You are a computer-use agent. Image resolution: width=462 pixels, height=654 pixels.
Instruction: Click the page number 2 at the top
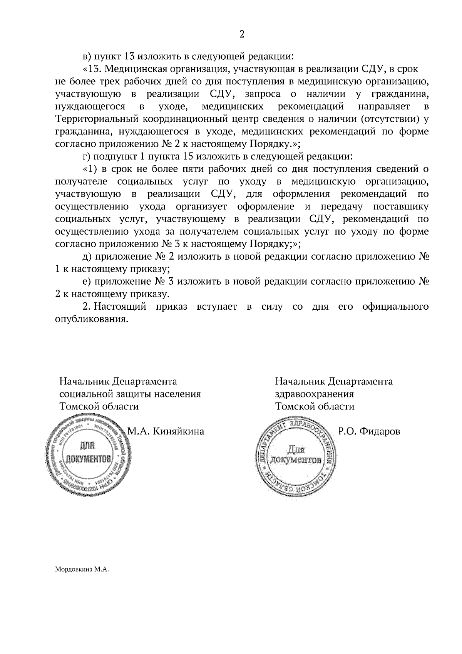click(x=242, y=34)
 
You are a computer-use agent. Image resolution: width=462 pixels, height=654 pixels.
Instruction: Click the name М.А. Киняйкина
click(x=166, y=432)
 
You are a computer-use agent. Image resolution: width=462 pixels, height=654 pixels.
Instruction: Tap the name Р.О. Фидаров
click(x=369, y=432)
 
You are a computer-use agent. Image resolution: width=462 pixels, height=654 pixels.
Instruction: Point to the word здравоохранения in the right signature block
click(x=314, y=394)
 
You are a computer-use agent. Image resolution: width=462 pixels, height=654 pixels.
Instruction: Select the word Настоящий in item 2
click(x=120, y=307)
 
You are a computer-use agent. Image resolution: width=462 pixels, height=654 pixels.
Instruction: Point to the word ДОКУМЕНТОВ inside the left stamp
click(x=89, y=459)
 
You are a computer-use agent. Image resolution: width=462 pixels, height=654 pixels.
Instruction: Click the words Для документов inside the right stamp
click(x=296, y=455)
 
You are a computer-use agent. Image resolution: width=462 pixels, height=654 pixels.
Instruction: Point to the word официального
click(x=395, y=307)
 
